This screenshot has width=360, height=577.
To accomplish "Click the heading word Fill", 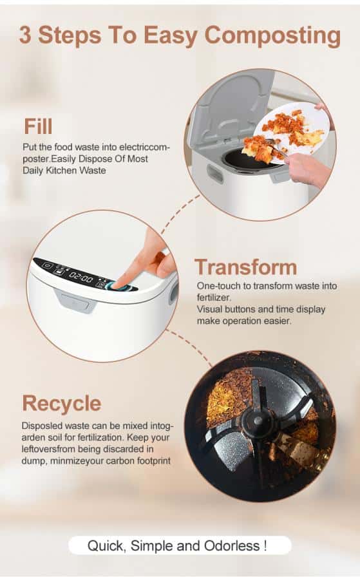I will coord(38,126).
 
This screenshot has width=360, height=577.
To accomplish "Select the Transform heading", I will coord(245,267).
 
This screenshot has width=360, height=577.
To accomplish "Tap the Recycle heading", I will coord(61,404).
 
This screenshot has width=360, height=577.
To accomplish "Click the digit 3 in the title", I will coord(25,35).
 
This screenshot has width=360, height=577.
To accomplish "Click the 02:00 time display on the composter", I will coord(81,278).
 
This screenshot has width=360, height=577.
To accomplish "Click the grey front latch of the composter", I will coord(75,299).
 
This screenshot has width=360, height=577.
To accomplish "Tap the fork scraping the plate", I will coord(274,149).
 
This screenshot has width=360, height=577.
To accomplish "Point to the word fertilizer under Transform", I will coord(213,298).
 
